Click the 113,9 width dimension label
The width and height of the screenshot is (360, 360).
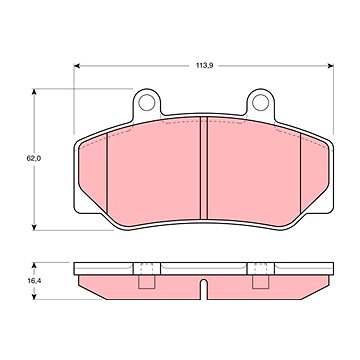tap(204, 66)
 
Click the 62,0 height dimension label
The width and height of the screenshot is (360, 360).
tap(34, 158)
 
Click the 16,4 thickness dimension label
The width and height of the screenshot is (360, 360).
tap(34, 281)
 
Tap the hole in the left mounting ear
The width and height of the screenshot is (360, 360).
tap(146, 102)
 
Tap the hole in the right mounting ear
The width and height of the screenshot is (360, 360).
tap(260, 102)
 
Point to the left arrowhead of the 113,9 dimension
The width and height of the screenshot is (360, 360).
tap(77, 66)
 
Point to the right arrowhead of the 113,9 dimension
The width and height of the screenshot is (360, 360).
tap(330, 66)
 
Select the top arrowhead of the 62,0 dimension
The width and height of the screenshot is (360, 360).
tap(34, 92)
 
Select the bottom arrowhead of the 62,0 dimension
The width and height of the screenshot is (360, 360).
tap(34, 227)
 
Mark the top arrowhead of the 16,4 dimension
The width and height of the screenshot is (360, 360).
tap(34, 266)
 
